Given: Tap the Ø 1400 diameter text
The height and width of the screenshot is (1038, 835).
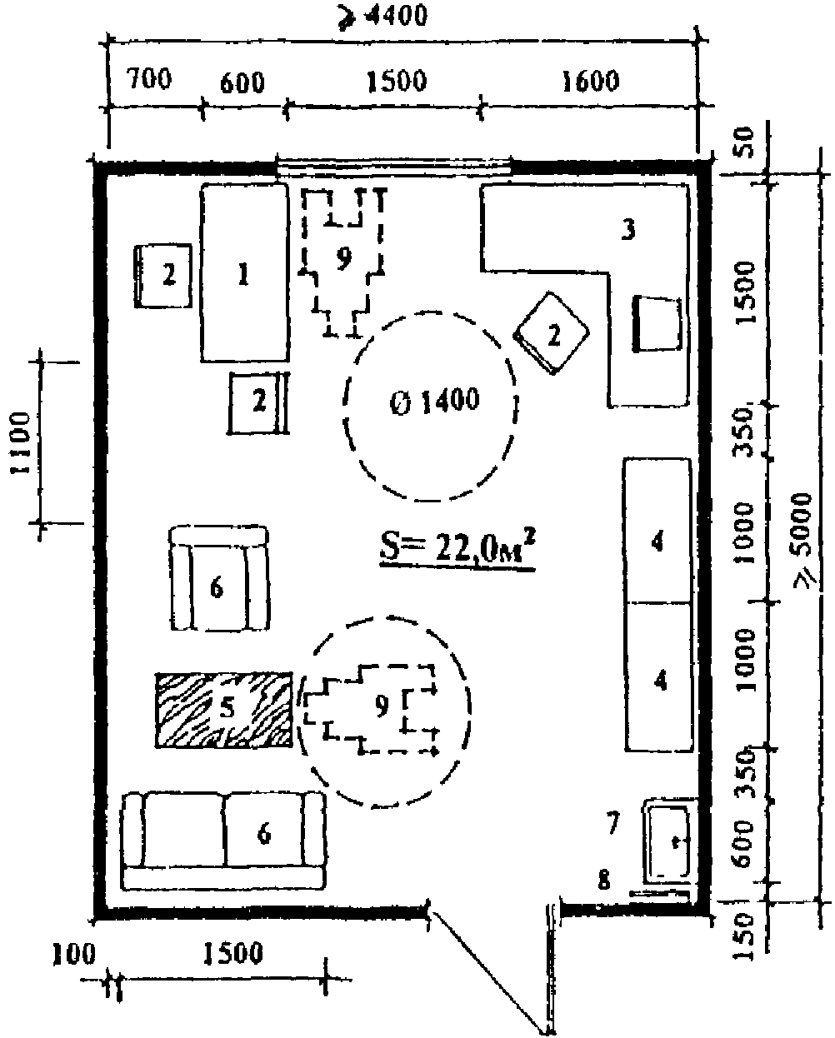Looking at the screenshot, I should pyautogui.click(x=436, y=402).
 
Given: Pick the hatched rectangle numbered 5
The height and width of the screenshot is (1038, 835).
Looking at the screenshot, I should pyautogui.click(x=224, y=709).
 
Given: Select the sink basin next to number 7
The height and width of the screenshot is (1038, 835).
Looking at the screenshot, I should pyautogui.click(x=669, y=839).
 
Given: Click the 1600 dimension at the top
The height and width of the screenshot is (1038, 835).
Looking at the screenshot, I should pyautogui.click(x=591, y=82).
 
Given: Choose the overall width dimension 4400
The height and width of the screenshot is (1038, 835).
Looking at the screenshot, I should pyautogui.click(x=402, y=16).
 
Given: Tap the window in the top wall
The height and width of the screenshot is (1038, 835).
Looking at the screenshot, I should pyautogui.click(x=394, y=168).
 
